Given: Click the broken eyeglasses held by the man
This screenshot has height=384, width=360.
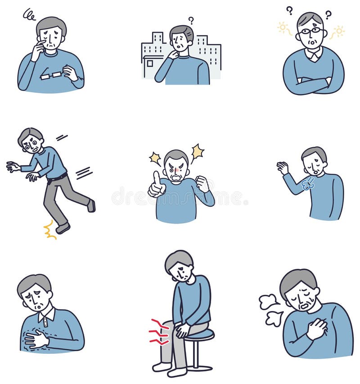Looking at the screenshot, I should pos(50,75).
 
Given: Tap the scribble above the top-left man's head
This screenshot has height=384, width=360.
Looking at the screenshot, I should pos(29,15).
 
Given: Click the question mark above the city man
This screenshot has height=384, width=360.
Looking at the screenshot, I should pos(191,20).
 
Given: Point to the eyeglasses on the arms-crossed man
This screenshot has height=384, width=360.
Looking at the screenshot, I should pos(311,31).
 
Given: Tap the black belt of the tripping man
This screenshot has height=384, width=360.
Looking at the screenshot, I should pos(57,178).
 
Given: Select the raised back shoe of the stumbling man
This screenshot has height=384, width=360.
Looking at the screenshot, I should pos(91,206).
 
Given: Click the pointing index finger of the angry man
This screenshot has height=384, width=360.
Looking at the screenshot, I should pos(156,178).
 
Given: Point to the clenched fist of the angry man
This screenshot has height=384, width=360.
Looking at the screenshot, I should pos(203,183).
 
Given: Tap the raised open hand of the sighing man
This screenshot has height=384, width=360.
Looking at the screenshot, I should pos(283,168).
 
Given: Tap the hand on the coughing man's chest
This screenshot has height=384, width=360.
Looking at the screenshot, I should pos(317,329).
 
